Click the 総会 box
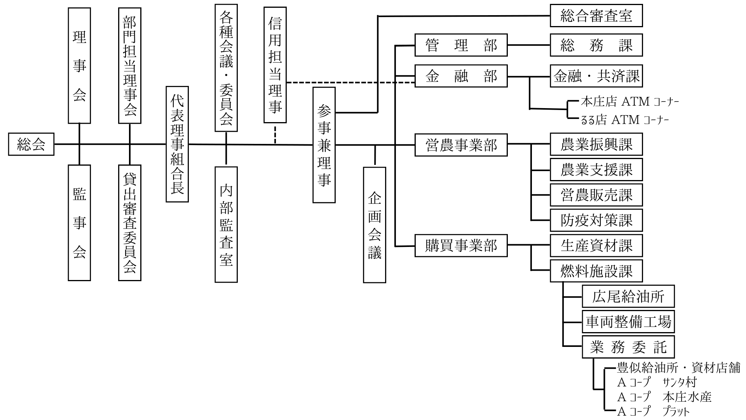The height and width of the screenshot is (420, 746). pos(31,144)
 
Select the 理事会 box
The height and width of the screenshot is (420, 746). pos(79,66)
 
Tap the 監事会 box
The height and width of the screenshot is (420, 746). pos(79,223)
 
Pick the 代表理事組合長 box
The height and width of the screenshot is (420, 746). pos(177,144)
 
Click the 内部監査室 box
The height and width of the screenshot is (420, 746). pos(226,224)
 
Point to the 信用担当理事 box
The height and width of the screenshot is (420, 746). pos(275,65)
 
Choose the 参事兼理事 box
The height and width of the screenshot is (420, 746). pos(324,145)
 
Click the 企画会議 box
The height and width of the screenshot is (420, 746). pos(375,225)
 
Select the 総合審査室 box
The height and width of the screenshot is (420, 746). pos(596,16)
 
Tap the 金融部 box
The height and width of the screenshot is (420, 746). pos(461,76)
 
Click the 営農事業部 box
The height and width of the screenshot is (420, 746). pos(461,145)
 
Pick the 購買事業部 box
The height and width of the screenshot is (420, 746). pos(461,245)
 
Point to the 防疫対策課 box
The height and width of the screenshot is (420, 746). pos(596,220)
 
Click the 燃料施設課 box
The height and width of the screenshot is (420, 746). pos(596,271)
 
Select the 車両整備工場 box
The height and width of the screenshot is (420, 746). pos(628,322)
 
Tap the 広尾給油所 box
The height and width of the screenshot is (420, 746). pos(628,296)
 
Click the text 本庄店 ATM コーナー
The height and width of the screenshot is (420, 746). pos(630,102)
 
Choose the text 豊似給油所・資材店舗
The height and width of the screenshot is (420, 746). pos(679,367)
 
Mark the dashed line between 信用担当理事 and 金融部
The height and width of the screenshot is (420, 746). pos(351,82)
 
